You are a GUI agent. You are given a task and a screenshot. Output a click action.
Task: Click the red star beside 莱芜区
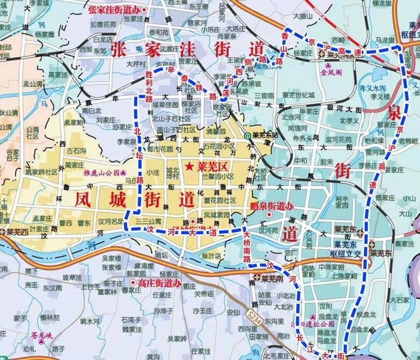click(x=189, y=166)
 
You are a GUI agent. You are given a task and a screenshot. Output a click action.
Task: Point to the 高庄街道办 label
click(x=158, y=282)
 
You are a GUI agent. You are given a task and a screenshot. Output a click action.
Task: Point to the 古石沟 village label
click(x=76, y=152)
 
